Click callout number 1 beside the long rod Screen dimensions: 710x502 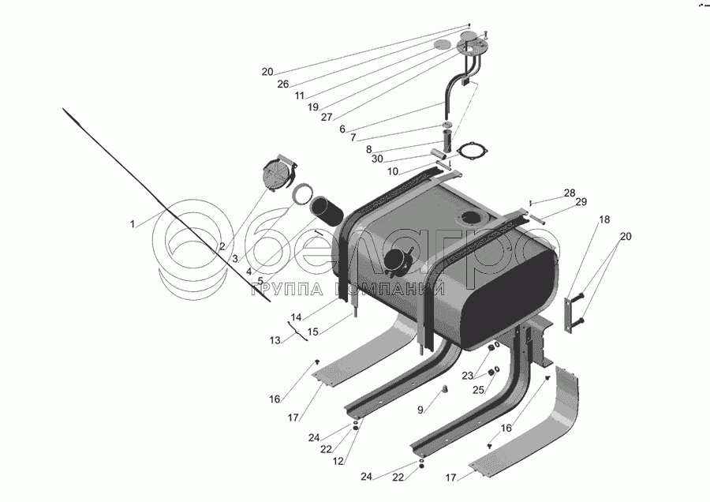click(133, 224)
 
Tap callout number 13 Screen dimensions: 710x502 click(275, 340)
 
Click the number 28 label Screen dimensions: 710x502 click(569, 193)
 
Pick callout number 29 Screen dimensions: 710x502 click(581, 204)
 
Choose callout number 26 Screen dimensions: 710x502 click(282, 84)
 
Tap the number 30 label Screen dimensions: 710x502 click(378, 158)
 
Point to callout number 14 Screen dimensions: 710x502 click(296, 317)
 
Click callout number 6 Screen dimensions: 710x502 click(342, 129)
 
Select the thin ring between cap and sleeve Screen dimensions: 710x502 click(301, 192)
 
